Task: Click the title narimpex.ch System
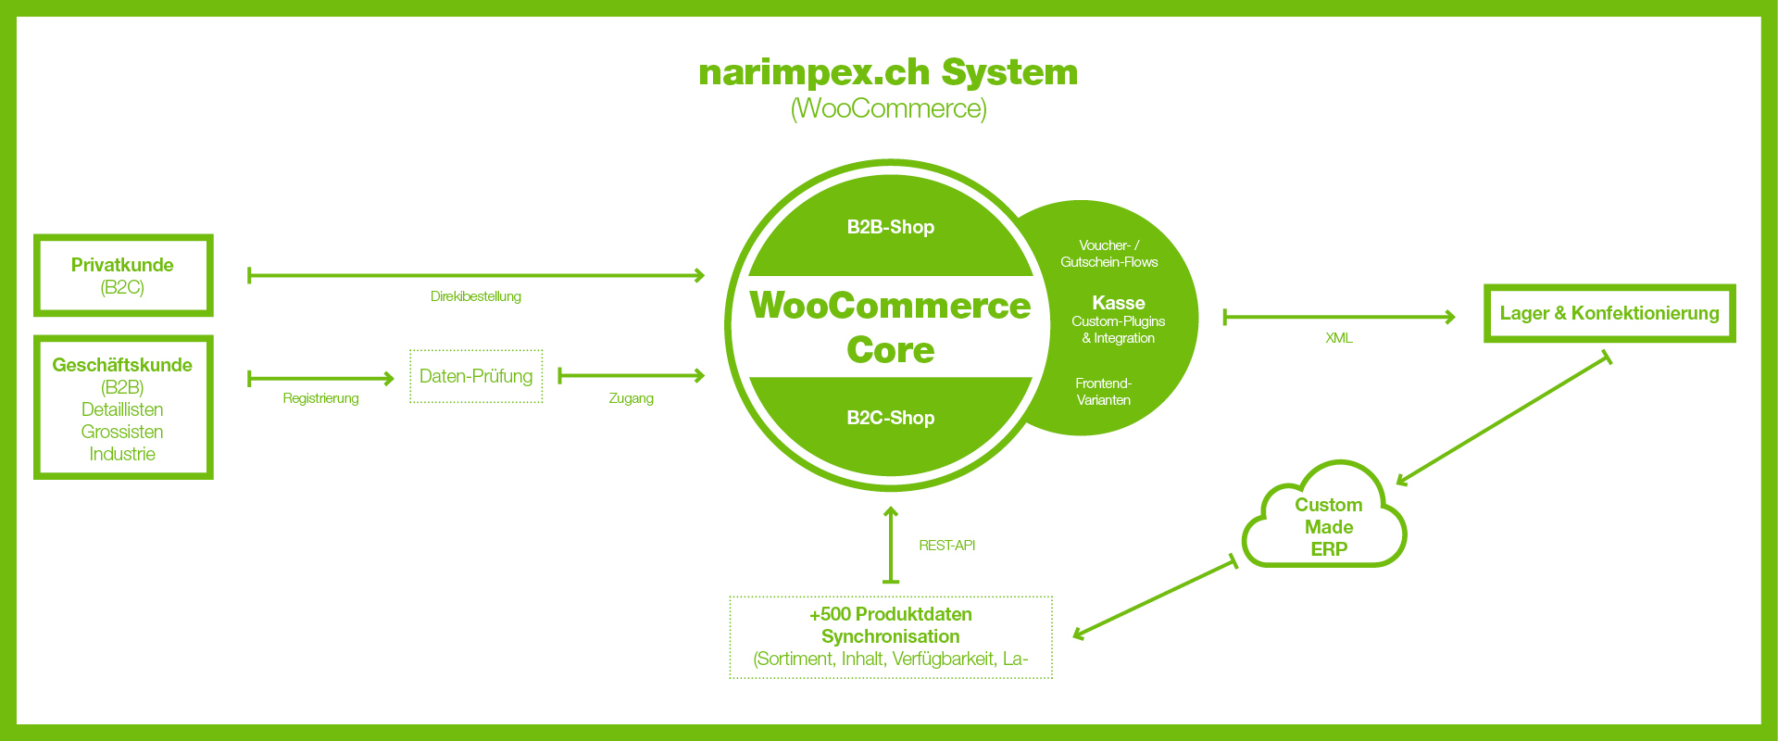click(x=888, y=72)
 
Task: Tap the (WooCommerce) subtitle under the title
click(x=888, y=108)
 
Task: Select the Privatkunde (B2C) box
click(x=123, y=275)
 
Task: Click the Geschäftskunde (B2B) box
click(x=123, y=408)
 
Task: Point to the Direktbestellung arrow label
click(x=475, y=296)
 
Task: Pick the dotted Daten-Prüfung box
click(x=476, y=376)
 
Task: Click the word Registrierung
click(x=320, y=398)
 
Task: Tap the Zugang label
click(x=631, y=398)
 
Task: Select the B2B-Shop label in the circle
click(x=890, y=227)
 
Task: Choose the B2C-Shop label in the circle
click(x=890, y=418)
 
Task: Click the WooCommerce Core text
click(x=890, y=327)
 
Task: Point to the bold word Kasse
click(x=1118, y=303)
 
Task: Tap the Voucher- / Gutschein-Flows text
click(x=1108, y=254)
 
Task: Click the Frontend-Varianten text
click(x=1103, y=392)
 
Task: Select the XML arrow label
click(x=1338, y=338)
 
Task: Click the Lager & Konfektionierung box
click(x=1609, y=313)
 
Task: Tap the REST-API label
click(x=946, y=546)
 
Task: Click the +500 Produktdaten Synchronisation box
click(x=890, y=636)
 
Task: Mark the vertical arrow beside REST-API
click(x=891, y=546)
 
